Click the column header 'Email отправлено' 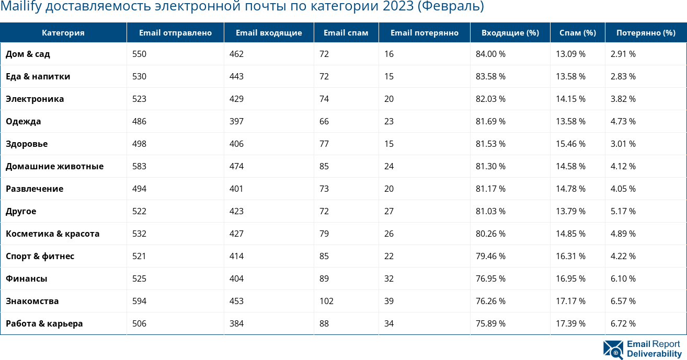tap(175, 33)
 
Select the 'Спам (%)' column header tap(577, 33)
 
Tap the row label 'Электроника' tap(35, 99)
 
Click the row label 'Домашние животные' tap(54, 166)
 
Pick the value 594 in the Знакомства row tap(140, 301)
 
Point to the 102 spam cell tap(326, 301)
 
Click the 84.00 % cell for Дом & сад tap(490, 54)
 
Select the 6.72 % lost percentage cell tap(623, 323)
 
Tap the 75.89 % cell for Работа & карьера tap(490, 323)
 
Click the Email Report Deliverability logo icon tap(613, 350)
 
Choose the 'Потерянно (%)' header tap(646, 33)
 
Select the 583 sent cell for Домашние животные tap(140, 166)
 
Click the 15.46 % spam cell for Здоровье tap(570, 144)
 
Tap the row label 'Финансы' tap(26, 278)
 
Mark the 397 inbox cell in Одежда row tap(236, 121)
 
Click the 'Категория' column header tap(63, 33)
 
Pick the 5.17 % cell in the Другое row tap(623, 211)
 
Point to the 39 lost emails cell tap(389, 301)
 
